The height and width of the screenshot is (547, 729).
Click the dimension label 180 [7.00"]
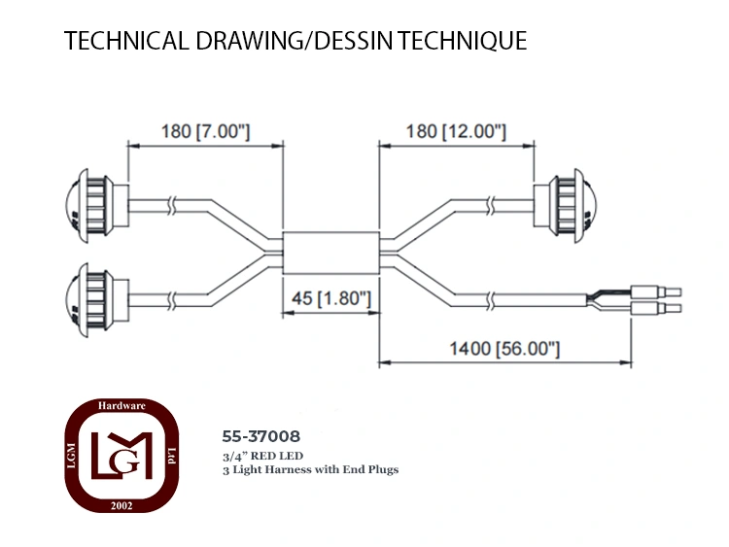(205, 131)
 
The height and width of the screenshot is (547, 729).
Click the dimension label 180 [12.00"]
(456, 131)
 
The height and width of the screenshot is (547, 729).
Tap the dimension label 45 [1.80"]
(331, 298)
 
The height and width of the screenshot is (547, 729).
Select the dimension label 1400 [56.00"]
(504, 349)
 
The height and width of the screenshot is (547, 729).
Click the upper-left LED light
(96, 203)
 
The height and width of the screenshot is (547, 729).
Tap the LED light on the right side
(566, 205)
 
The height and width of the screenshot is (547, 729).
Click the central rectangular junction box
(331, 253)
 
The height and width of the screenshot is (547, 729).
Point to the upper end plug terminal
(656, 291)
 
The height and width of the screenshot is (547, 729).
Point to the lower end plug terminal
(656, 308)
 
